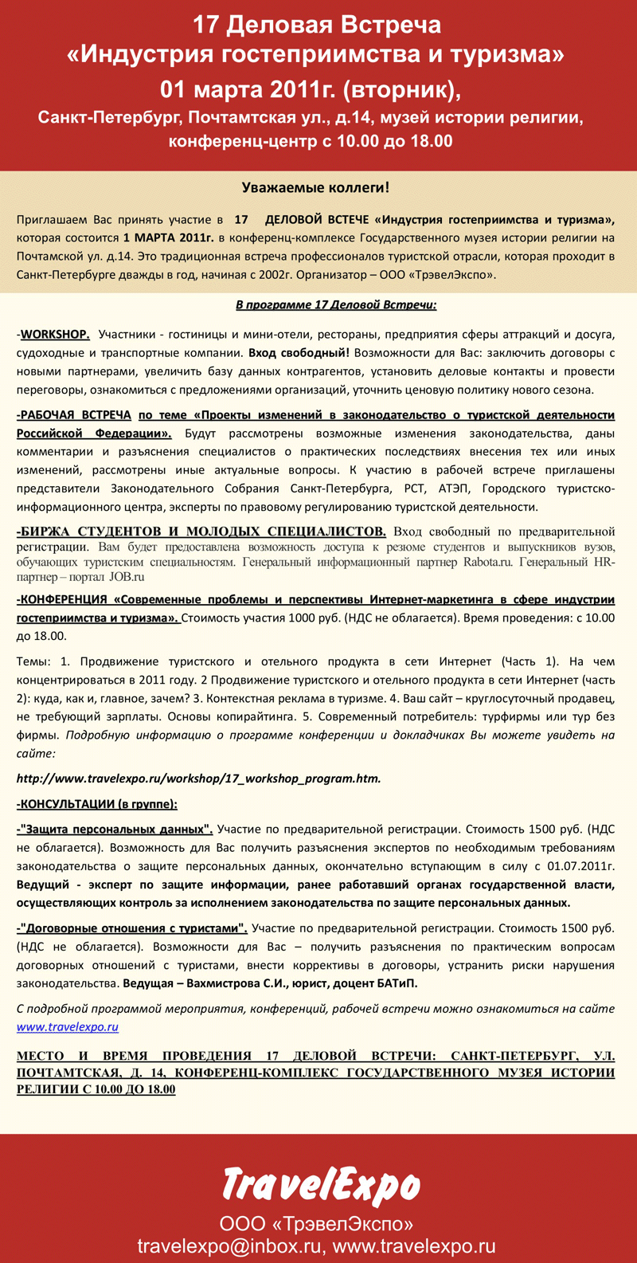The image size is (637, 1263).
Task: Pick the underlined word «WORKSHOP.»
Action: coord(55,333)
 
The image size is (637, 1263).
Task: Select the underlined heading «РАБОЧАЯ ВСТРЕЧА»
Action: coord(75,415)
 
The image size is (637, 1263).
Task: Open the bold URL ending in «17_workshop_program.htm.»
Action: coord(199,778)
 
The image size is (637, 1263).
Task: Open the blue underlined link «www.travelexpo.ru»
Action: coord(68,1027)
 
